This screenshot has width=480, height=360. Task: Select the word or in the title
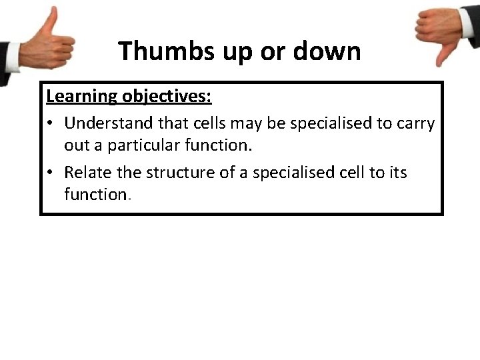(x=273, y=51)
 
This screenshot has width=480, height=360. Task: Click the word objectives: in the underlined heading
(x=166, y=97)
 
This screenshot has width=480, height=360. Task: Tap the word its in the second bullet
(x=397, y=172)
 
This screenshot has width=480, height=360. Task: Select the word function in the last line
(x=95, y=194)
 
